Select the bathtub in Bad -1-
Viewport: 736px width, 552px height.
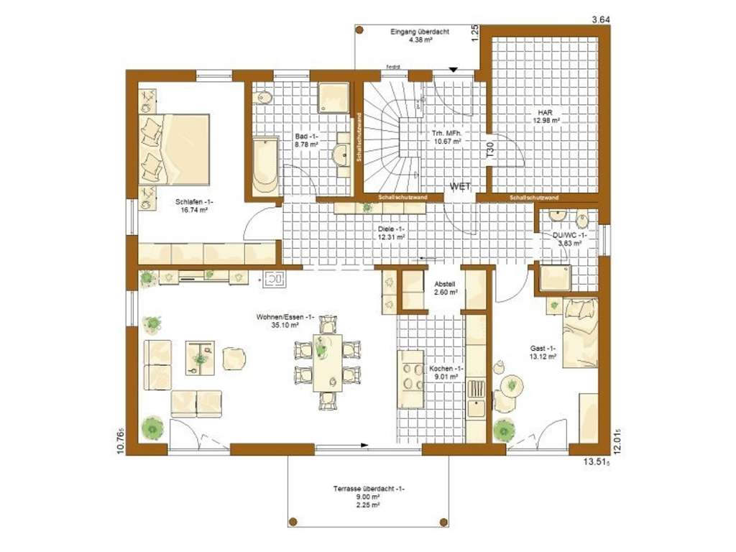coord(265,165)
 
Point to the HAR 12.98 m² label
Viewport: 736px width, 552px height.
coord(547,116)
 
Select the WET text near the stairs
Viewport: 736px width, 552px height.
coord(460,186)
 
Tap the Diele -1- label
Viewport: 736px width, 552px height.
coord(392,232)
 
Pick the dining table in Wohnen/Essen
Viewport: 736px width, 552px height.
coord(328,362)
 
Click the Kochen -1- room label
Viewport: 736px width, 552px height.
coord(445,372)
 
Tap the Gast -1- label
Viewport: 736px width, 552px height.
coord(543,351)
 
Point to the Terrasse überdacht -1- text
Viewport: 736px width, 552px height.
coord(369,489)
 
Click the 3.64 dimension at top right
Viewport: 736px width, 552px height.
coord(600,19)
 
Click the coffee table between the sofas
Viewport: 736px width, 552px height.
coord(200,357)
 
